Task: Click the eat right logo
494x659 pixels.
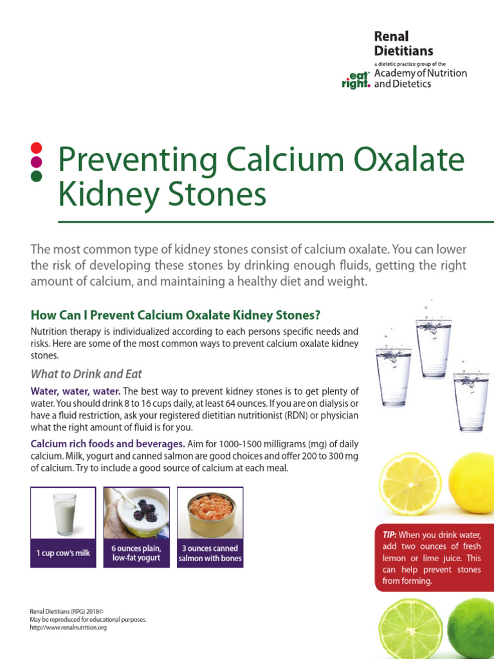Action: [x=356, y=79]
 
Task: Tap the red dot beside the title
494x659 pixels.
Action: [x=37, y=147]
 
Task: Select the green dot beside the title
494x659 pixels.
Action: [x=37, y=175]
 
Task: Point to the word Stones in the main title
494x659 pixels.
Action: [x=223, y=194]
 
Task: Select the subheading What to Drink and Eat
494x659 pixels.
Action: [x=86, y=374]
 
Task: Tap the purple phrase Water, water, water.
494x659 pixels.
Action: [x=76, y=391]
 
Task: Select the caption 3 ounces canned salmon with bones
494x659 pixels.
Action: [x=210, y=553]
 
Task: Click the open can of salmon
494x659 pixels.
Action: [x=210, y=514]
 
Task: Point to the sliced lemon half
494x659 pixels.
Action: [x=409, y=483]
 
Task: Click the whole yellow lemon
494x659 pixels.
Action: [x=472, y=483]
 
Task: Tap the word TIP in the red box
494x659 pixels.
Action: [x=389, y=535]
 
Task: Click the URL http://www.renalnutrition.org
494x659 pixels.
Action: [x=68, y=627]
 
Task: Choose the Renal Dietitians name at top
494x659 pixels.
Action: [x=403, y=43]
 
